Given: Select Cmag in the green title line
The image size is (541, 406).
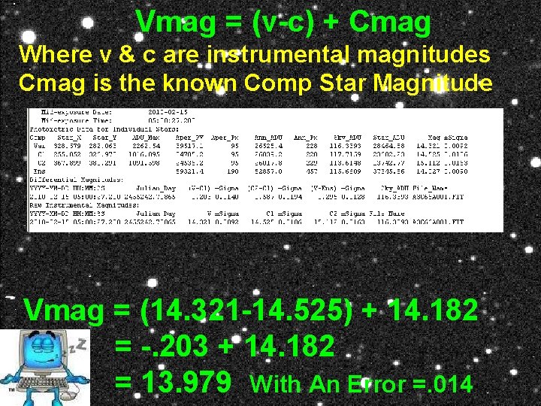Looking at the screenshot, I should coord(390,23).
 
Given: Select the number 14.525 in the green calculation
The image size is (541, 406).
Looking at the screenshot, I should coord(304,310).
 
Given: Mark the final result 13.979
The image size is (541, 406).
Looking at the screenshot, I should coord(188,383).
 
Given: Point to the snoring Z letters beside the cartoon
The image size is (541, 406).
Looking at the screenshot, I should coord(75,345).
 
